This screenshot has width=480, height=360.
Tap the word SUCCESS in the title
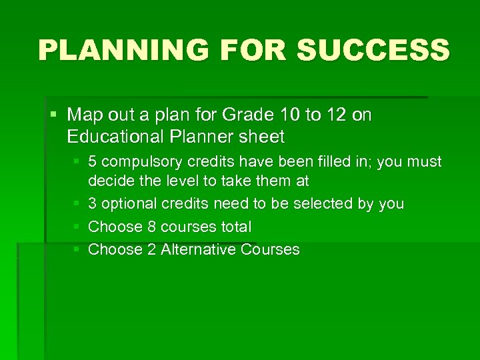[x=373, y=50]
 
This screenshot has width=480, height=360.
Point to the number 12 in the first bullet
[x=336, y=115]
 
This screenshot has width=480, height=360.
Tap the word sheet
[x=262, y=137]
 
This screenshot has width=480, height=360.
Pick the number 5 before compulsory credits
[x=93, y=162]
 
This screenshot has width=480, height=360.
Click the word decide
[x=109, y=181]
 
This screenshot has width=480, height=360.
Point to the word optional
[x=127, y=204]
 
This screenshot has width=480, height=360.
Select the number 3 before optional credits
[x=93, y=204]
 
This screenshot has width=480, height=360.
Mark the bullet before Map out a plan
[x=54, y=115]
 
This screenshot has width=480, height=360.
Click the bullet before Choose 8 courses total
[x=77, y=227]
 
